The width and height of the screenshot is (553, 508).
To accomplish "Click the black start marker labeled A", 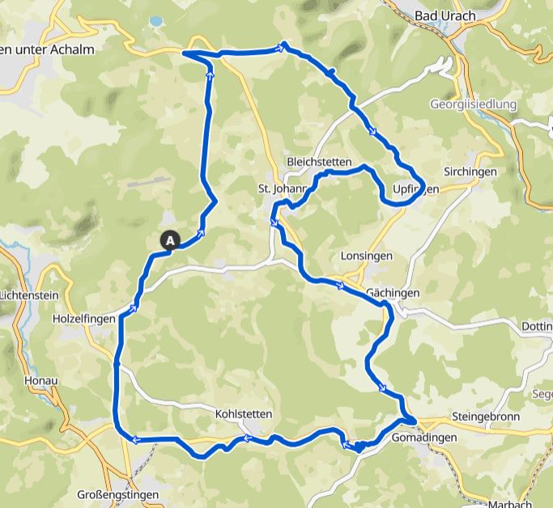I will click(171, 239).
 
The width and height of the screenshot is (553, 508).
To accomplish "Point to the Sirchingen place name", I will click(469, 172).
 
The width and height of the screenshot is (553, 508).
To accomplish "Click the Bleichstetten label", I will click(318, 162).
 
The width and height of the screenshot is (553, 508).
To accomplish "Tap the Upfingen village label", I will click(415, 189).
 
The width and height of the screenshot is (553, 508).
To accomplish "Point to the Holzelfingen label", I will click(83, 320).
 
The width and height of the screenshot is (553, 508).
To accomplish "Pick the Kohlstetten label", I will click(244, 414).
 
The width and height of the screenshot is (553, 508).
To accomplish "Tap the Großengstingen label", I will click(118, 494).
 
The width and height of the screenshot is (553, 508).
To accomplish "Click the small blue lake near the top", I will click(155, 20).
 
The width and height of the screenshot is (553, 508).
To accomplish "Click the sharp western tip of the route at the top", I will click(185, 53).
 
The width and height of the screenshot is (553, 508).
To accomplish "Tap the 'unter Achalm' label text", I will click(53, 49).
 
